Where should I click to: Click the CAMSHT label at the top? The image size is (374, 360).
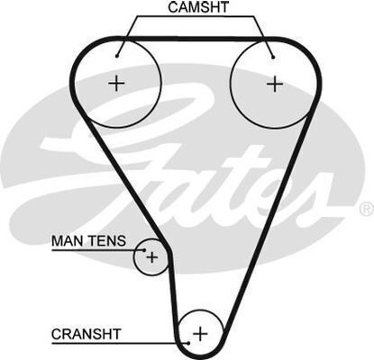(198, 7)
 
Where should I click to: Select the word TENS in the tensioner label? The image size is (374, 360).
(107, 241)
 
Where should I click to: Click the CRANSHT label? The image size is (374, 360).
(86, 334)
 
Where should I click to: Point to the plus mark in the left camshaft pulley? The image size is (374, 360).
(116, 83)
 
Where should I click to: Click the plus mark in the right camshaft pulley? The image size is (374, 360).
(275, 84)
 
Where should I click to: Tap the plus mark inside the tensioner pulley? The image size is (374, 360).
(152, 257)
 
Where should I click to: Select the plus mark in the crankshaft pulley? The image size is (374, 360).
(200, 334)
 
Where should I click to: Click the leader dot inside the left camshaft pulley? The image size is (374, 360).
(117, 56)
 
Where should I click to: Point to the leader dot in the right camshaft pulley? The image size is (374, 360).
(273, 57)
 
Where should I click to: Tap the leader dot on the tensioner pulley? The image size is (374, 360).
(144, 250)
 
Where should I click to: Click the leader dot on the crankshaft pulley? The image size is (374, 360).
(188, 343)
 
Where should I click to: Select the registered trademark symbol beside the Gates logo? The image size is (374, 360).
(366, 210)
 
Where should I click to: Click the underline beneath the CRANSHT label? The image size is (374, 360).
(119, 343)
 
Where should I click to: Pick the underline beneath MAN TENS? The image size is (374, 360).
(97, 249)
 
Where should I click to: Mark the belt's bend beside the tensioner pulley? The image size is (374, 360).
(169, 251)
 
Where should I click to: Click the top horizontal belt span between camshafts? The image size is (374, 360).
(196, 39)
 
